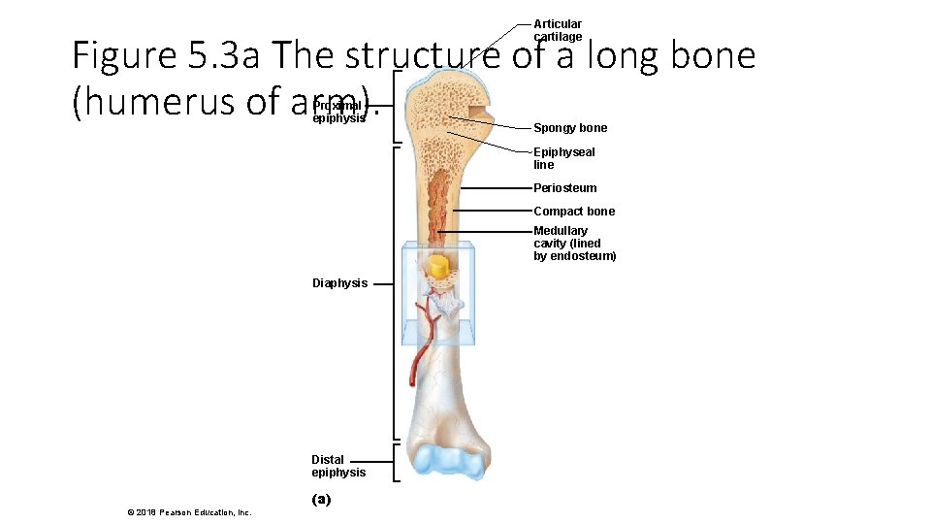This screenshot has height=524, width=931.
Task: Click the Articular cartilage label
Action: tap(558, 30)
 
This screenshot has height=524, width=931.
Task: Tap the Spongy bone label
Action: tap(570, 128)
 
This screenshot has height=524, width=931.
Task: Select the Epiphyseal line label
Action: tap(563, 158)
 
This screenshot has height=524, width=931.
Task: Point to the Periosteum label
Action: tap(564, 188)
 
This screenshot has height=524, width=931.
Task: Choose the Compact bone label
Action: tap(574, 212)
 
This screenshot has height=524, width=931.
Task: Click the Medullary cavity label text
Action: tap(574, 244)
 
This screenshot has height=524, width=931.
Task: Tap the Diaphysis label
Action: tap(339, 283)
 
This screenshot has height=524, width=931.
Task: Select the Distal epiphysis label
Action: tap(338, 466)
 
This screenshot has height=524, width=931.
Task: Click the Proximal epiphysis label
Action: tap(338, 112)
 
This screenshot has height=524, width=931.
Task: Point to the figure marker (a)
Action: tap(321, 500)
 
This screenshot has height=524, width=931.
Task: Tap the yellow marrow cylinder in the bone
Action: tap(438, 267)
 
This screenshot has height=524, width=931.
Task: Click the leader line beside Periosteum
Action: tap(498, 188)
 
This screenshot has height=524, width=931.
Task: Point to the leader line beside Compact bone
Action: tap(493, 212)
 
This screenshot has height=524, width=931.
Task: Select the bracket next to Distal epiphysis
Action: tap(397, 463)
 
